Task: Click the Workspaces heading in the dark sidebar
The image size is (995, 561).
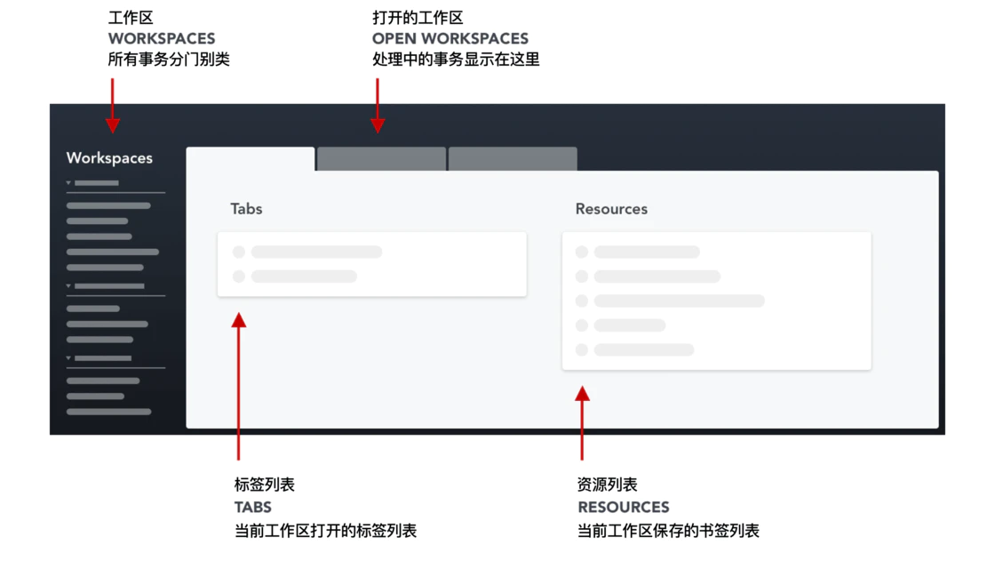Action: click(x=109, y=158)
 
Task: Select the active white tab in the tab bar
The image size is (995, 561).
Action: click(x=251, y=159)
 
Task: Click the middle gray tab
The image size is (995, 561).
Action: click(x=381, y=159)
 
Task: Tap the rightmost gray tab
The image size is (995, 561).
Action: click(x=513, y=159)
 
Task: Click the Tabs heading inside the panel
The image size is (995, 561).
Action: click(x=246, y=209)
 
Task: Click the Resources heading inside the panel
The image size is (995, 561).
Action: click(x=611, y=209)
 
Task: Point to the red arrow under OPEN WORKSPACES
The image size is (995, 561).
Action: click(x=378, y=105)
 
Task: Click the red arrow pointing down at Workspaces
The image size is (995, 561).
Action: click(x=113, y=105)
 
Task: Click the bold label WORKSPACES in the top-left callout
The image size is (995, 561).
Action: click(x=162, y=39)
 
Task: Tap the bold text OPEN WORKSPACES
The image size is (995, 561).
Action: click(x=450, y=39)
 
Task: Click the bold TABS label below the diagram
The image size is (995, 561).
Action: click(x=253, y=508)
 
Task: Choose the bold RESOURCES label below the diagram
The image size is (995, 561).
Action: click(x=624, y=508)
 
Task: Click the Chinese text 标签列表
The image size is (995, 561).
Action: click(x=265, y=485)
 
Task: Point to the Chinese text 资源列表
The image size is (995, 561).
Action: click(x=608, y=485)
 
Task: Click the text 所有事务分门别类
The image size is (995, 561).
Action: click(x=169, y=60)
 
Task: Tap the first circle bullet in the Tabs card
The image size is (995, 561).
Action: click(x=239, y=252)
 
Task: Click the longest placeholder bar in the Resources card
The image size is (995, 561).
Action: click(x=680, y=301)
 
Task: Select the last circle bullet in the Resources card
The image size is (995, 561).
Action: click(x=582, y=350)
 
